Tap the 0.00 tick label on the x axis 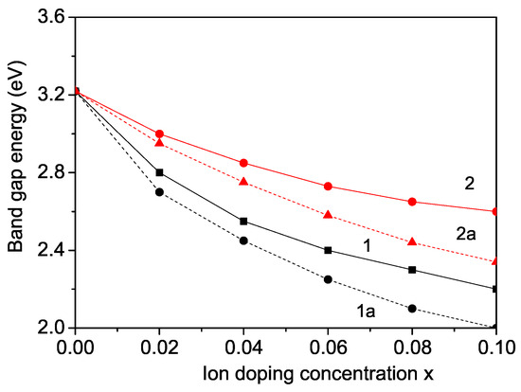75,347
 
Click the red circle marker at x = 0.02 159,134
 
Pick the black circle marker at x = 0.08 412,309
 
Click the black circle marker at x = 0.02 159,192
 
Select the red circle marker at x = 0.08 412,202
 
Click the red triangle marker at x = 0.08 412,241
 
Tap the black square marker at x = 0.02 159,172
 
